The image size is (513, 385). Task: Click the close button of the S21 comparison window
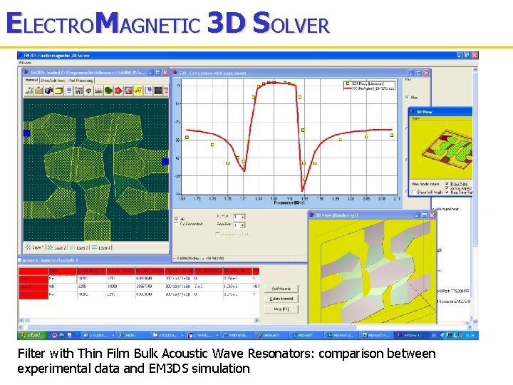(427, 72)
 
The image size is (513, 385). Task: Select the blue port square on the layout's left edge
(27, 133)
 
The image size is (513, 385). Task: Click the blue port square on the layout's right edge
(165, 162)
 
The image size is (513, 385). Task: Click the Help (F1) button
(281, 309)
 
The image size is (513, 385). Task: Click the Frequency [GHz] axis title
(289, 202)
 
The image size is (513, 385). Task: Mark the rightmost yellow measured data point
(391, 135)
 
